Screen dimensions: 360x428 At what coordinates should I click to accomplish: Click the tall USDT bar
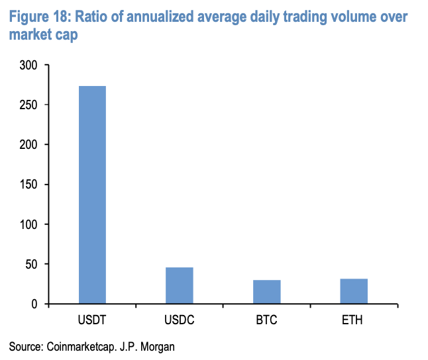click(92, 195)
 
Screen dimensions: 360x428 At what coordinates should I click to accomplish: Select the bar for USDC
click(179, 286)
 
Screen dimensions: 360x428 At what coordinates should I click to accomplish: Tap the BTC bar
click(266, 292)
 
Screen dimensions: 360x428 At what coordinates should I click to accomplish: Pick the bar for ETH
click(354, 291)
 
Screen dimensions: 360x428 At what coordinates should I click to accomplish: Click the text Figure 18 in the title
click(38, 17)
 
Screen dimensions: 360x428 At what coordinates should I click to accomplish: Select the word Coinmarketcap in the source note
click(80, 346)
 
